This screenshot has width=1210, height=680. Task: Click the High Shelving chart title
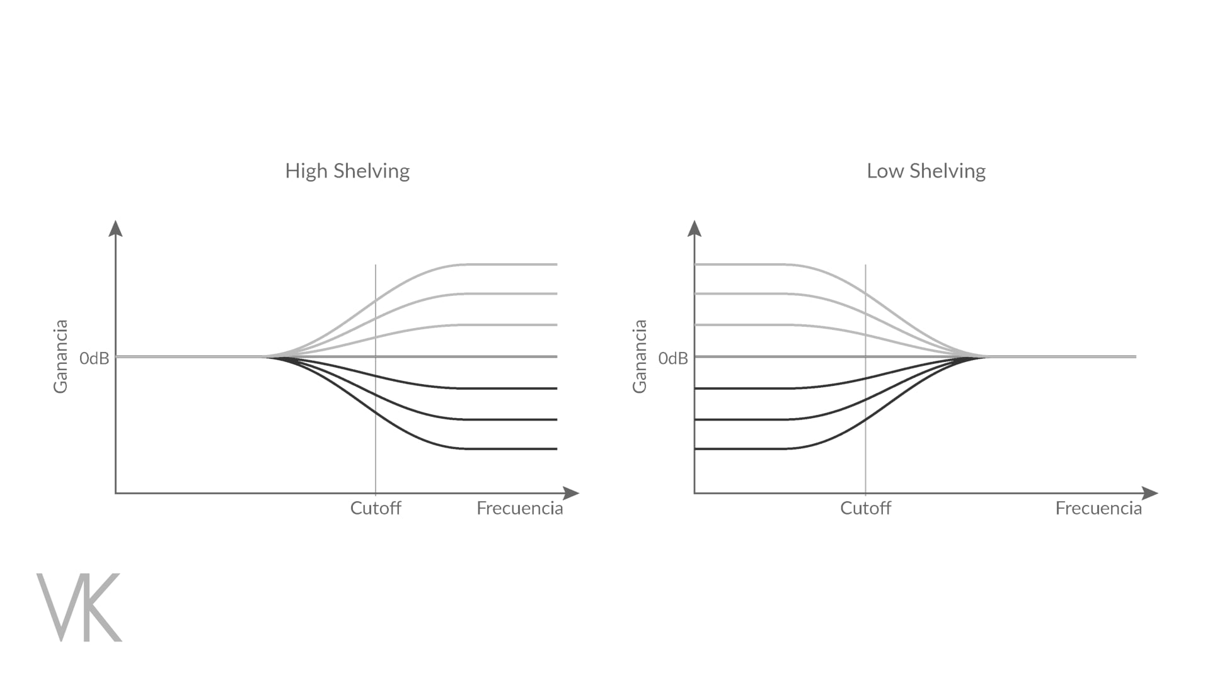(347, 171)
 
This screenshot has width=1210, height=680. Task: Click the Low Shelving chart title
(926, 171)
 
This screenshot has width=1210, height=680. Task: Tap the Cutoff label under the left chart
(376, 508)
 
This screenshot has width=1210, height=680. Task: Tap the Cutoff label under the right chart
(865, 508)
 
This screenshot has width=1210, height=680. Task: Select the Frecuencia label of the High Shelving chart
(519, 508)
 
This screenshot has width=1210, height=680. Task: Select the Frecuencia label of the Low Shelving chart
(1098, 508)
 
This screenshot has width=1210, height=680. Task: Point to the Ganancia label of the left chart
(60, 356)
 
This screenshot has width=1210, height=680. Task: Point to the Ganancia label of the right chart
(640, 356)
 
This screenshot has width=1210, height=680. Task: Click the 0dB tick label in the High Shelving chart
(94, 358)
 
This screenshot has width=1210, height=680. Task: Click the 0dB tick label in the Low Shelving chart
(673, 358)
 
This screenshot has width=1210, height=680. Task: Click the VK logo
(79, 607)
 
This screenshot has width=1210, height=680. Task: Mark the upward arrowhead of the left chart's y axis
(115, 228)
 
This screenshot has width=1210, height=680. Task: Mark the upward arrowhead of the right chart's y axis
(694, 228)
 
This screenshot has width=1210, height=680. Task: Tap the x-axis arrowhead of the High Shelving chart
(571, 493)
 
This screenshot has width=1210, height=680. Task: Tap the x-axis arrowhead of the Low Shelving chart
(1150, 493)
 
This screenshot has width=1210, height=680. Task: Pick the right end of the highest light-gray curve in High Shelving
(556, 264)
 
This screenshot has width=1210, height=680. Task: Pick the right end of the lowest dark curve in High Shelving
(556, 449)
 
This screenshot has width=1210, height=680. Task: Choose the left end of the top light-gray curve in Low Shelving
(696, 264)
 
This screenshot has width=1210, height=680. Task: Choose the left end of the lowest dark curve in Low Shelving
(696, 449)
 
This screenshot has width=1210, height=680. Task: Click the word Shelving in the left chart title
(371, 171)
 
